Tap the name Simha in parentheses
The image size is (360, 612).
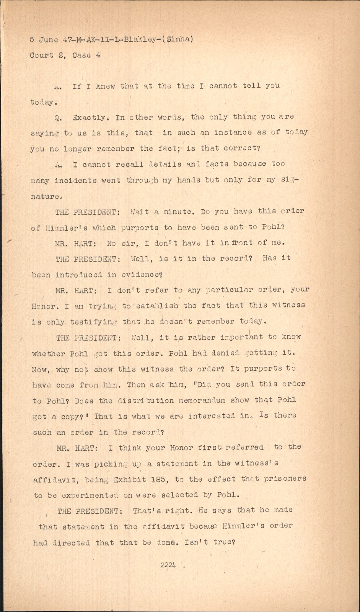point(179,39)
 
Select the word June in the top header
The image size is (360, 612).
point(49,39)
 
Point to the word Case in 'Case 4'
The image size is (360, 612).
point(79,55)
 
